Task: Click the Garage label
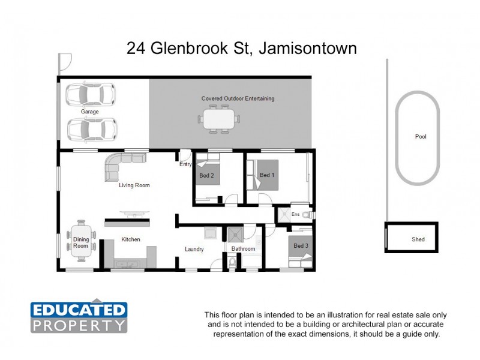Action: point(90,112)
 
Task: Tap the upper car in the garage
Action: point(91,94)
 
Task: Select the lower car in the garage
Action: point(92,128)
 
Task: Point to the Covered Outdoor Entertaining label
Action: point(238,98)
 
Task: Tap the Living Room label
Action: point(134,185)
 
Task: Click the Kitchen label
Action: point(131,239)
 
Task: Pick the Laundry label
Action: point(194,249)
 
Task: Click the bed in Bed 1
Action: point(265,175)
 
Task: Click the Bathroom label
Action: point(244,249)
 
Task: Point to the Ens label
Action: point(295,214)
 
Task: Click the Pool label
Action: point(421,137)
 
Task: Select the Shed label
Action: point(418,239)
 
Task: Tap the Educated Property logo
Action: point(79,317)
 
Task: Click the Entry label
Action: point(185,164)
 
